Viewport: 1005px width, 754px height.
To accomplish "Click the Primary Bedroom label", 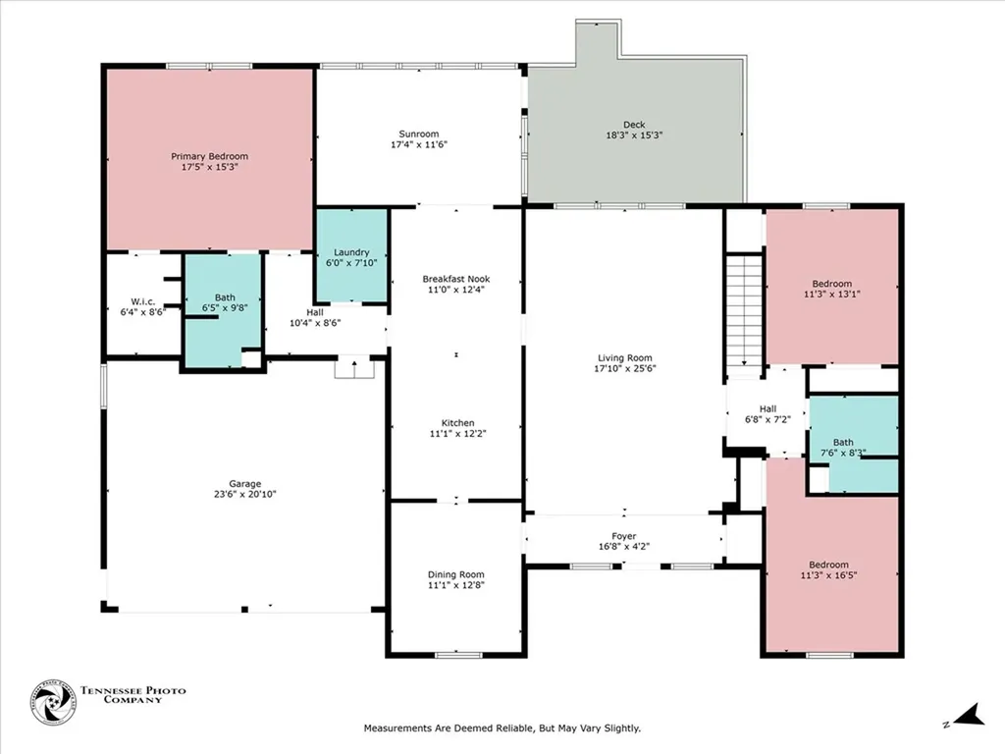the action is tap(209, 156).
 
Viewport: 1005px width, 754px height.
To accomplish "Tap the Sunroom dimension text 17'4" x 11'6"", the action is tap(418, 144).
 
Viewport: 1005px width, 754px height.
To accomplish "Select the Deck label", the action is tap(634, 125).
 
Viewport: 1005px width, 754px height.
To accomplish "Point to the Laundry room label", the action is tap(351, 252).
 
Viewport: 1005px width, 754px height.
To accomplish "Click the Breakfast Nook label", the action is tap(455, 279).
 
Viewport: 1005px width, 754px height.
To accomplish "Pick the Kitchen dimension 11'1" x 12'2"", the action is tap(457, 433).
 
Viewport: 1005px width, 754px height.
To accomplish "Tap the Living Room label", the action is tap(625, 357).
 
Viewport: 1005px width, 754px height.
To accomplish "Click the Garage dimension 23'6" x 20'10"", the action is tap(244, 494).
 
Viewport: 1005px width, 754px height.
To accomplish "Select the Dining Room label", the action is tap(455, 574).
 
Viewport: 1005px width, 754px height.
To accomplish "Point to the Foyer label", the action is tap(623, 536).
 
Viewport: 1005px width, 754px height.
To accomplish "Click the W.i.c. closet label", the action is tap(143, 301).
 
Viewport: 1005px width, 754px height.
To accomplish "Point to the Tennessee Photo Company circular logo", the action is tap(53, 703).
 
